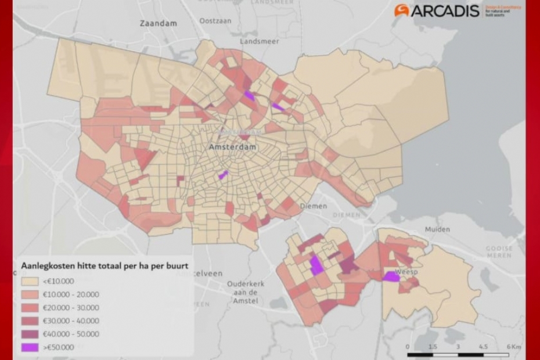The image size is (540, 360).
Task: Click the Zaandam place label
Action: click(158, 23)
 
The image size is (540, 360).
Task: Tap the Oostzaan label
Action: click(215, 21)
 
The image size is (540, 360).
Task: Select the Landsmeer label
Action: click(260, 41)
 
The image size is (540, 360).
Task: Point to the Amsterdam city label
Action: click(232, 147)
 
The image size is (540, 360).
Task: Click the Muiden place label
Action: click(437, 229)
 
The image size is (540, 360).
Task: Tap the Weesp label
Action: click(406, 271)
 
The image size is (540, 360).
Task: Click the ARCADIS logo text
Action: click(445, 10)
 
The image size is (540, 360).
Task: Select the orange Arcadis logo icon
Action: click(402, 10)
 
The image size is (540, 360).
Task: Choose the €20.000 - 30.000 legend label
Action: click(71, 308)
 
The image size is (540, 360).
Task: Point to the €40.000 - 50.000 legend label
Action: click(71, 334)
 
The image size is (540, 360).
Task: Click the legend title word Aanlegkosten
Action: click(45, 265)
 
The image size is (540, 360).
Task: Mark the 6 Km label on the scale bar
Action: click(513, 347)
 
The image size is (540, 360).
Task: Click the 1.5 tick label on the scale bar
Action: click(433, 347)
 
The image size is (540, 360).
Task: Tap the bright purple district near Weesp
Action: click(391, 276)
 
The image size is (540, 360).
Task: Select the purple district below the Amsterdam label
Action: click(222, 174)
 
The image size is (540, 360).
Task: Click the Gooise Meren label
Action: click(499, 251)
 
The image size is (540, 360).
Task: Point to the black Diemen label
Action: click(313, 206)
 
